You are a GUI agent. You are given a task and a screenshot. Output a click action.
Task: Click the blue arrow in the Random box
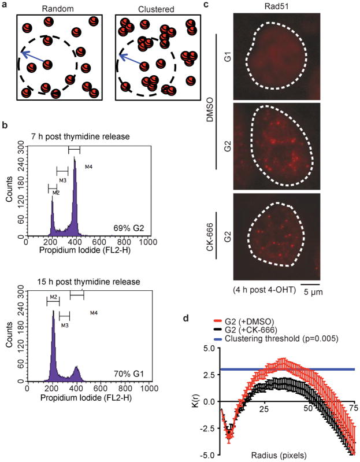34,58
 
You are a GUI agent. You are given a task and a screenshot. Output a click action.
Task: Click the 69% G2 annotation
134,224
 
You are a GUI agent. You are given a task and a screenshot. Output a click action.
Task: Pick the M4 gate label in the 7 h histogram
88,168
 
